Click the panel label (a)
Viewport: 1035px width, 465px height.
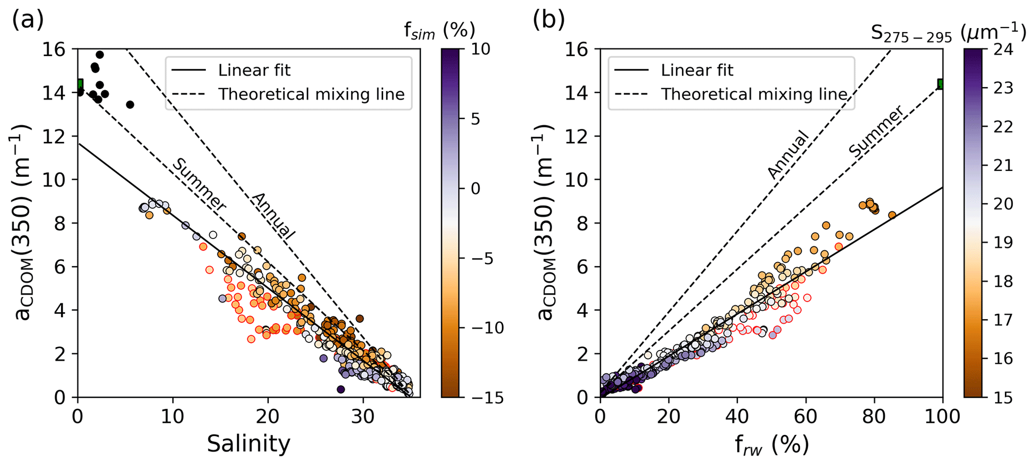pos(28,20)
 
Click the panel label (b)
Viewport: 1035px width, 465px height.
pos(549,20)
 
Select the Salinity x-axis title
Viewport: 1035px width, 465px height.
pos(248,444)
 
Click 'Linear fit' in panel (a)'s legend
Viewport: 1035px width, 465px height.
pos(254,70)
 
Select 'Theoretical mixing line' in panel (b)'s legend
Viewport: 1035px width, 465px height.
pos(754,94)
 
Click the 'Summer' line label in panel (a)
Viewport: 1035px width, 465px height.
pos(199,184)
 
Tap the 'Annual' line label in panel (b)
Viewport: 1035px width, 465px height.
pos(788,154)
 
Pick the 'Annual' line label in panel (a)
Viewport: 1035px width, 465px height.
pos(273,215)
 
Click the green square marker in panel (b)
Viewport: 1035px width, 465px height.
pos(940,84)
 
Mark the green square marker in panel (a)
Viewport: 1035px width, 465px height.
pos(80,84)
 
